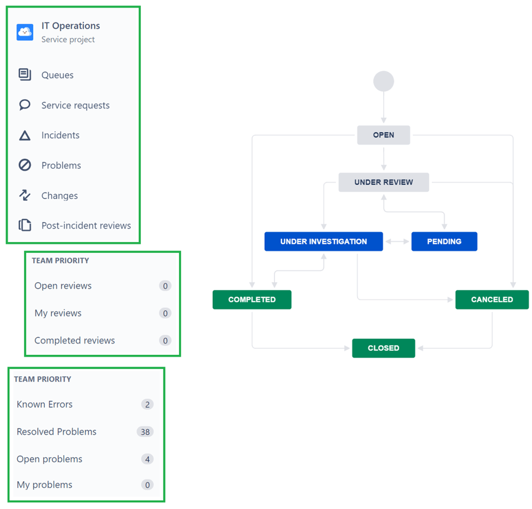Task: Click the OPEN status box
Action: tap(383, 135)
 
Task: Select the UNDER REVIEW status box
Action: tap(383, 182)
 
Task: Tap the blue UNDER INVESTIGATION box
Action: tap(323, 242)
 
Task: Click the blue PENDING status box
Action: tap(444, 242)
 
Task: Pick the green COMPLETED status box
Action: tap(252, 299)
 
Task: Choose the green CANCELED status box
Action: tap(492, 299)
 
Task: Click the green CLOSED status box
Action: tap(383, 348)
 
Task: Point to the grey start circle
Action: tap(384, 81)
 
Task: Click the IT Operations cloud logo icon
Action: tap(25, 32)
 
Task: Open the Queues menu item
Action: tap(57, 75)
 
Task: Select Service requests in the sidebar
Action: tap(75, 105)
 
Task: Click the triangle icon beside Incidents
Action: tap(25, 136)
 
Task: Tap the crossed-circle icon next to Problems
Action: tap(25, 165)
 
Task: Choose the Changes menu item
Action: tap(59, 195)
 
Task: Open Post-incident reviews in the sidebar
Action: tap(86, 226)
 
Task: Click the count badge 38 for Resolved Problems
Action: tap(145, 432)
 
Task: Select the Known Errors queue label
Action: tap(45, 404)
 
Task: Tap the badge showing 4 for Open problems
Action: tap(147, 459)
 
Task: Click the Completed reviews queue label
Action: tap(74, 340)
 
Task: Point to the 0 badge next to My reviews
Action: tap(165, 313)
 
